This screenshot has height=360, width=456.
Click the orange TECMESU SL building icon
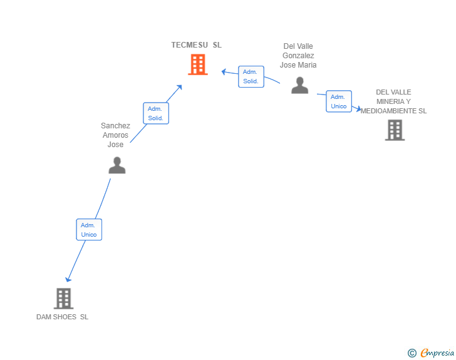point(197,64)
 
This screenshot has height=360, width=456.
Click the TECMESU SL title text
point(196,45)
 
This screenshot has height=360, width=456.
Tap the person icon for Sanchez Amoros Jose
point(117,165)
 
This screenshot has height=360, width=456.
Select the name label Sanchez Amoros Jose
point(116,135)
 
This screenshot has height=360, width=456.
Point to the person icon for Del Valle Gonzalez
point(300,85)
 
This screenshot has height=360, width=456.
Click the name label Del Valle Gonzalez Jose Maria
point(298,56)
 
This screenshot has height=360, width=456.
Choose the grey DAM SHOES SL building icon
point(63,299)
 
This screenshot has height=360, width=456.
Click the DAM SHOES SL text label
point(62,317)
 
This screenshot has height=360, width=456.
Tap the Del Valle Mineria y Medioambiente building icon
point(395,130)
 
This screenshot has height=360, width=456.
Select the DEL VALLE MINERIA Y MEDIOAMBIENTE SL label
point(393,101)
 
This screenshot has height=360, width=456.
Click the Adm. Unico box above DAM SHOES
point(89,230)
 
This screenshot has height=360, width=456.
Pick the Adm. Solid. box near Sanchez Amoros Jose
point(156,113)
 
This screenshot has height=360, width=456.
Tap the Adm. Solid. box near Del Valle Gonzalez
point(251,76)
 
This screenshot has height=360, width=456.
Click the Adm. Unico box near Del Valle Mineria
point(339,101)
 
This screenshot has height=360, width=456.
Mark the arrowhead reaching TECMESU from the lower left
point(180,87)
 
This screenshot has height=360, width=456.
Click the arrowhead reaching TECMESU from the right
point(224,71)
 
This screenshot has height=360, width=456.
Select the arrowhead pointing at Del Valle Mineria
point(358,109)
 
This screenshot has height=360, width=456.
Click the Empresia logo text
point(437,353)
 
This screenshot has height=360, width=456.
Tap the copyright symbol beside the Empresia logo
point(412,353)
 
